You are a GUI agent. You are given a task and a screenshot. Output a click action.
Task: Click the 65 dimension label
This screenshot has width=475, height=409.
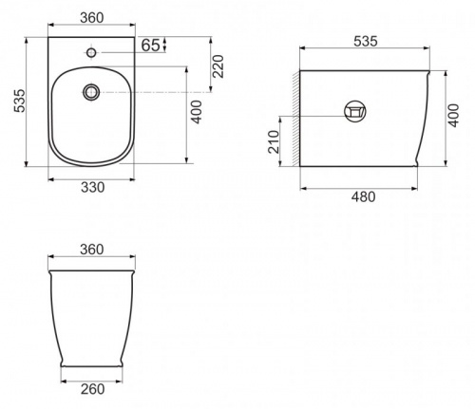[x=150, y=46]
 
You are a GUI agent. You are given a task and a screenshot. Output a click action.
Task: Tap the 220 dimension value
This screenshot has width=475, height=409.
[x=218, y=66]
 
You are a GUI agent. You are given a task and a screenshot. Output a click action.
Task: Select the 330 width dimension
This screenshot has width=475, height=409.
[x=92, y=187]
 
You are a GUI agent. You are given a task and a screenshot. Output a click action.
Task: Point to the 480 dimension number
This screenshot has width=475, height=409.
[x=364, y=196]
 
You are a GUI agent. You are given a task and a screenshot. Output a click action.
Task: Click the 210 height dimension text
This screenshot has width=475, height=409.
[x=275, y=142]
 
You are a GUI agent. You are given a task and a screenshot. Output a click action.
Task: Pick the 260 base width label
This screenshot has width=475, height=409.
[x=92, y=389]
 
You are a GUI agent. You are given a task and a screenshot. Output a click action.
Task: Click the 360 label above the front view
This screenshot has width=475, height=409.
[x=92, y=250]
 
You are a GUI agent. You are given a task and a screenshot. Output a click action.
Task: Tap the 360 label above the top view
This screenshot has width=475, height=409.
[x=92, y=18]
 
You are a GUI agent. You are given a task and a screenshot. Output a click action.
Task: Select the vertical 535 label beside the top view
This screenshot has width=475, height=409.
[x=19, y=101]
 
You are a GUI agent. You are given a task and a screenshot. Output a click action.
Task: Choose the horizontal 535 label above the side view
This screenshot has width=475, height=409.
[x=366, y=42]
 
